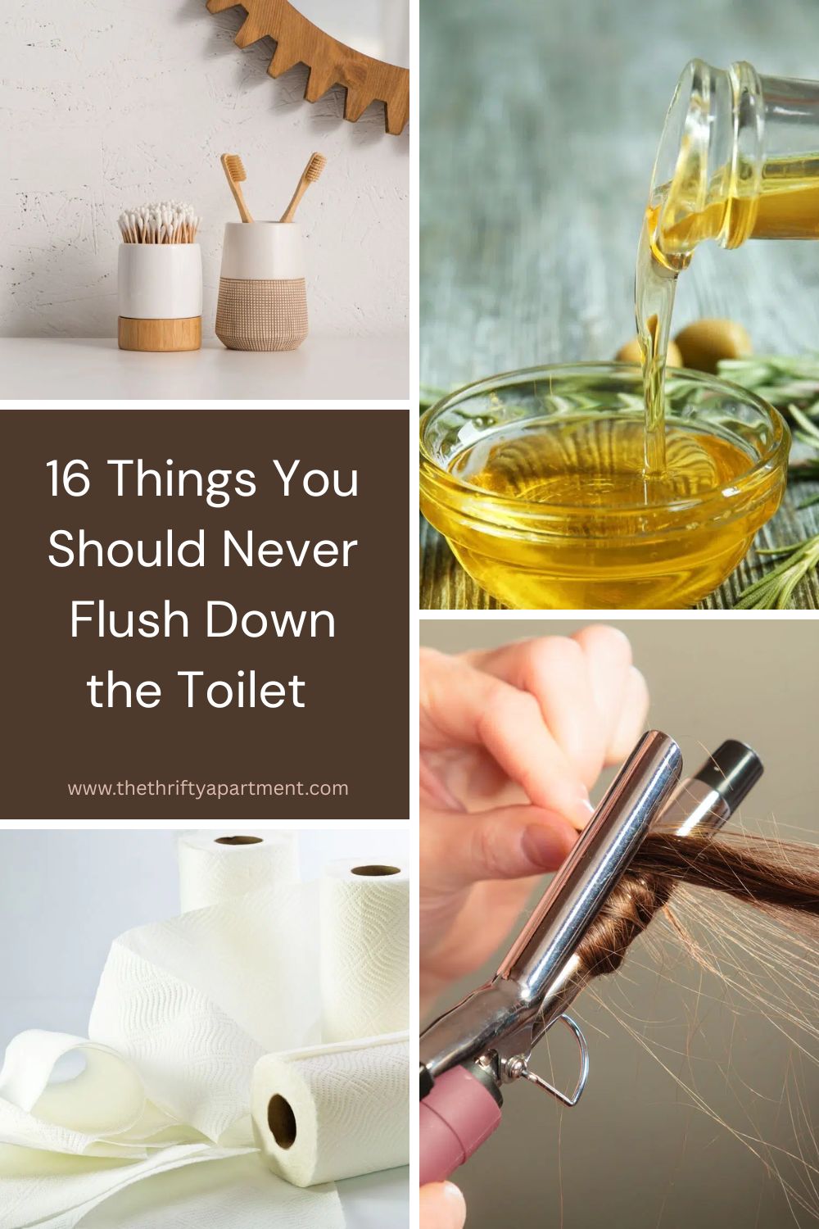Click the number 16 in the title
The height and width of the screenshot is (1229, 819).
point(67,478)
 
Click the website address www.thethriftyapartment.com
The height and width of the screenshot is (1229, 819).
point(208,788)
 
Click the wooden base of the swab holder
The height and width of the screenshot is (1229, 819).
point(159,333)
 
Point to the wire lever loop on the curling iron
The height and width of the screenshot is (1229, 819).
point(569,1057)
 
